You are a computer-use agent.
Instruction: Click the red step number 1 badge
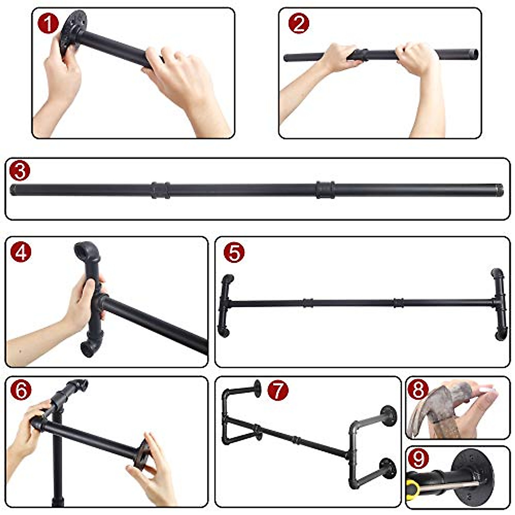click(48, 24)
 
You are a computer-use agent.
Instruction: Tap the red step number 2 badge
click(299, 24)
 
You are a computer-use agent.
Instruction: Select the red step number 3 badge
click(20, 171)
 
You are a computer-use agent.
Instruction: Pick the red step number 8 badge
click(418, 390)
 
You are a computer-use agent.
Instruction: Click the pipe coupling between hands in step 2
click(363, 55)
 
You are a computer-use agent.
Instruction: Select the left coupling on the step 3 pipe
click(161, 190)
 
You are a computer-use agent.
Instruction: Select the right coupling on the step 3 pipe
click(325, 189)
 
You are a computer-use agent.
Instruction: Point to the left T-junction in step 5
click(226, 304)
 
